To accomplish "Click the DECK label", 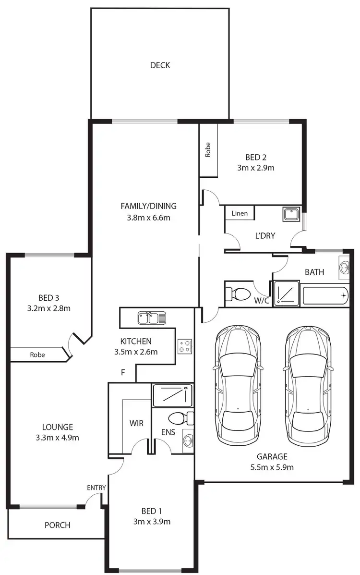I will point(160,65).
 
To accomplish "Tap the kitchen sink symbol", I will point(152,318).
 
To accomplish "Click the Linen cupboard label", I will point(240,213).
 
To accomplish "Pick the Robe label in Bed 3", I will point(37,355).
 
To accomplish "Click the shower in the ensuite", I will point(172,396).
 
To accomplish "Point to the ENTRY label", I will point(96,488).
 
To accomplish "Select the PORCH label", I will point(58,525).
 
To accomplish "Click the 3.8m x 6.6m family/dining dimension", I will point(148,217).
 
